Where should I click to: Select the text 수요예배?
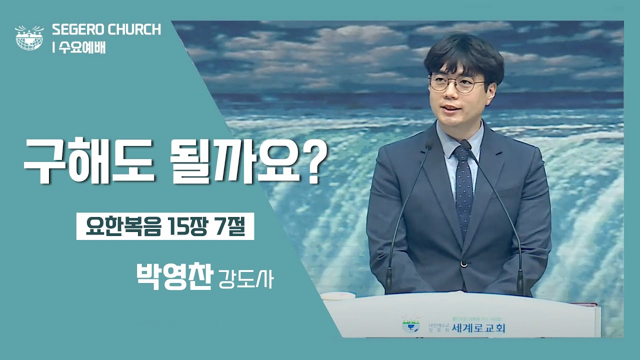pyautogui.click(x=82, y=48)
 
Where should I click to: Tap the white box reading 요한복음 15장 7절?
pyautogui.click(x=165, y=227)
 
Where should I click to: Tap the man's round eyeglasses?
pyautogui.click(x=456, y=83)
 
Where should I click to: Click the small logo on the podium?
pyautogui.click(x=411, y=324)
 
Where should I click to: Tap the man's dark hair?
pyautogui.click(x=462, y=52)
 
